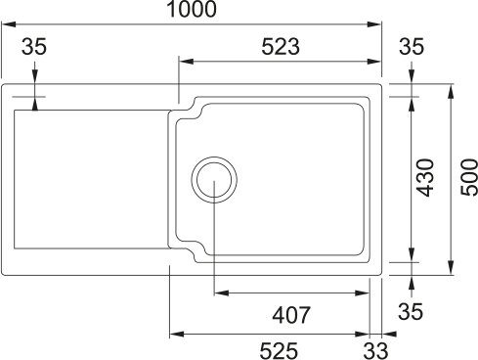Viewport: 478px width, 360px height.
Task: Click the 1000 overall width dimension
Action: coord(192,9)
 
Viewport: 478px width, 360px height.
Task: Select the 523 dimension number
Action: coord(281,46)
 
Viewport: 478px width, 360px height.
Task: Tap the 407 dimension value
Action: coord(291,315)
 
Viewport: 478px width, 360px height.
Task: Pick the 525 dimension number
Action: coord(279,351)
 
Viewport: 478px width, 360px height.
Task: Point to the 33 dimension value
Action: coord(375,351)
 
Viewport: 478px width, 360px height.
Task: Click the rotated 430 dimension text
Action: coord(426,178)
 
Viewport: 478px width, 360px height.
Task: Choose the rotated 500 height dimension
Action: coord(469,177)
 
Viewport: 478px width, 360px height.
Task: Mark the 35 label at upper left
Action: coord(34,46)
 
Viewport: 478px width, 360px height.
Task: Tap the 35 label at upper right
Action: coord(412,46)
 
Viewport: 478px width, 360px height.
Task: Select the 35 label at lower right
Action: coord(411,311)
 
